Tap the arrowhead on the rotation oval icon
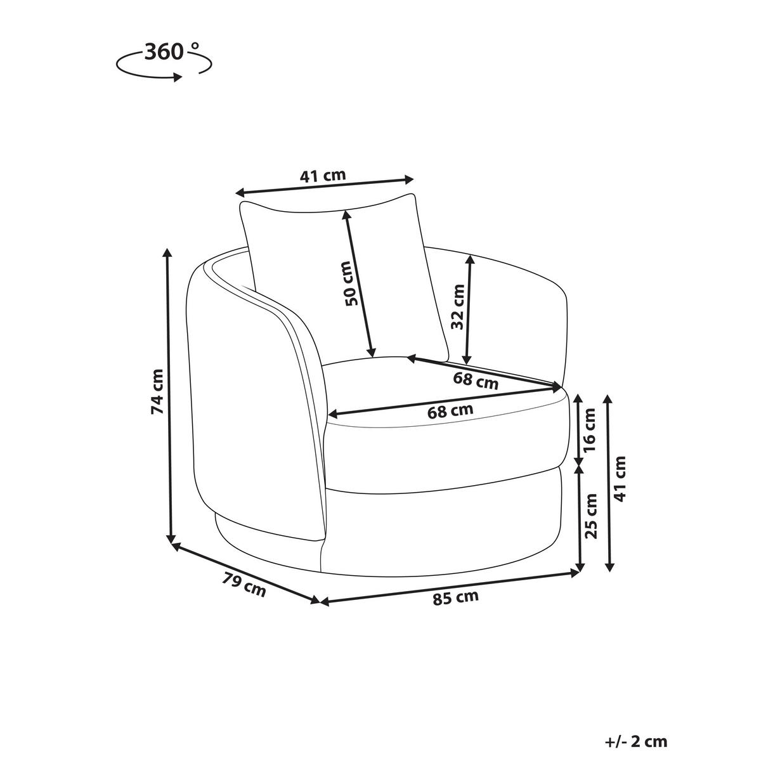pos(177,77)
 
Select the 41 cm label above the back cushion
pos(323,175)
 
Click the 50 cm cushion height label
pos(351,283)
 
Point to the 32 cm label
pos(458,306)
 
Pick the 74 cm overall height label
pos(157,391)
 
